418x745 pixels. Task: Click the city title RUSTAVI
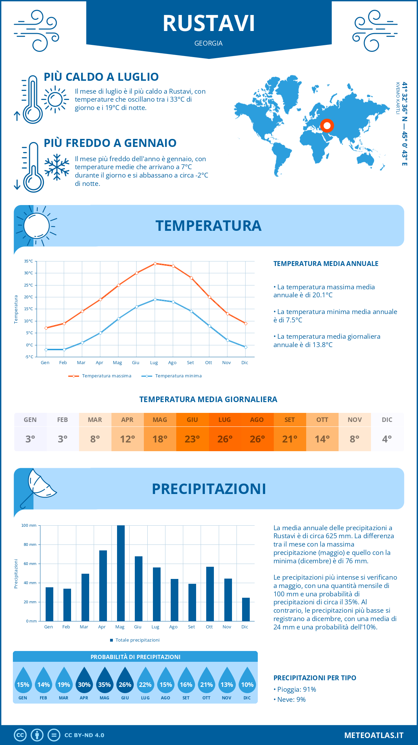pos(209,23)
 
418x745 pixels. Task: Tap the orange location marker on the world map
pos(327,125)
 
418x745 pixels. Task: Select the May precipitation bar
pos(121,573)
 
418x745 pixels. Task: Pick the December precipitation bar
pos(246,609)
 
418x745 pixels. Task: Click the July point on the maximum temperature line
pos(155,264)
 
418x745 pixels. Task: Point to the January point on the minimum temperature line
pos(46,350)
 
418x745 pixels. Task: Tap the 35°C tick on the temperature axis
pos(29,261)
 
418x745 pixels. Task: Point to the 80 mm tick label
pos(30,544)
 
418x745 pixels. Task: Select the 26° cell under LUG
pos(225,439)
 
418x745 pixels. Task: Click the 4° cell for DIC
pos(387,439)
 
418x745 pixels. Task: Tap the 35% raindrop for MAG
pos(104,681)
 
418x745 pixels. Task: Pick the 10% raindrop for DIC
pos(247,681)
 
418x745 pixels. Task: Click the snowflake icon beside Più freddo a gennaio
pos(57,167)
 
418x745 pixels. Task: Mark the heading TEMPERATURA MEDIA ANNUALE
pos(326,264)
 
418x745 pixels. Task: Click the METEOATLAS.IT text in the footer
pos(374,735)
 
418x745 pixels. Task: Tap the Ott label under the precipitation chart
pos(209,627)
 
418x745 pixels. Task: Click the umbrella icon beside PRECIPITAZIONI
pos(38,487)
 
